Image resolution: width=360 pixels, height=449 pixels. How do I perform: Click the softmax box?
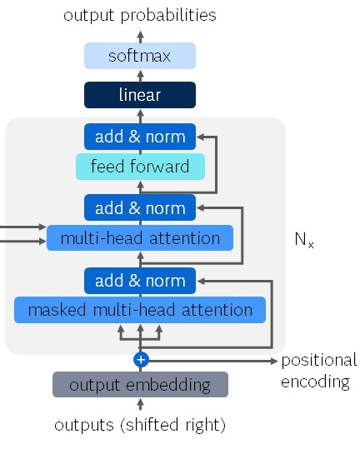tap(140, 57)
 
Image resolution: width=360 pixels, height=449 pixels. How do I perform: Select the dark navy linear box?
tap(140, 95)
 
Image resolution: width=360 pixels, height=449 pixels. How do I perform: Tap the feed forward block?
tap(140, 167)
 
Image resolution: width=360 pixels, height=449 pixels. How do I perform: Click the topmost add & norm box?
tap(140, 136)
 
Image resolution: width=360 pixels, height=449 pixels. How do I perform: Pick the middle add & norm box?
tap(140, 207)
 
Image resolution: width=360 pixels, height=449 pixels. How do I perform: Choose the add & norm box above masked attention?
tap(140, 280)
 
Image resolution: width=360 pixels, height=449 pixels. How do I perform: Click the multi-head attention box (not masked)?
tap(140, 238)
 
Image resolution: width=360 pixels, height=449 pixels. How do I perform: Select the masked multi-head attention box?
tap(140, 311)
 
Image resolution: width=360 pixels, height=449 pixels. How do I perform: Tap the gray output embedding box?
tap(140, 385)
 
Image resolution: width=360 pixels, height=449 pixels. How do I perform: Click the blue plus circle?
tap(140, 360)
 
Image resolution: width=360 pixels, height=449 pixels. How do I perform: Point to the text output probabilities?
tap(140, 15)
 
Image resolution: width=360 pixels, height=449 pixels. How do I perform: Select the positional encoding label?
tap(318, 371)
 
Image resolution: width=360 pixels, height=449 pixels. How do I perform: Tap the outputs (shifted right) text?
tap(140, 425)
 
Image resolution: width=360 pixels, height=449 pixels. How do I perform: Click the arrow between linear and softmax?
tap(140, 76)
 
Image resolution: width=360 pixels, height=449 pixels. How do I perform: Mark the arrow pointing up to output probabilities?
tap(140, 35)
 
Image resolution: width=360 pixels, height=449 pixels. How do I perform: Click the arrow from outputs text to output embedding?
tap(140, 406)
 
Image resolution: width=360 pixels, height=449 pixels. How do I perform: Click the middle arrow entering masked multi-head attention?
tap(140, 332)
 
